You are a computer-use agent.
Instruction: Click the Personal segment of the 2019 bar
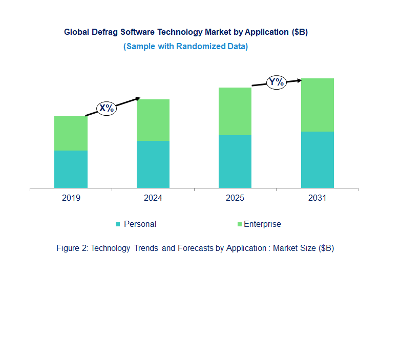pyautogui.click(x=71, y=169)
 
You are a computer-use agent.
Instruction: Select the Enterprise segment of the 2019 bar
pyautogui.click(x=71, y=133)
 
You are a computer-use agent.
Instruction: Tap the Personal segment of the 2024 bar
pyautogui.click(x=153, y=164)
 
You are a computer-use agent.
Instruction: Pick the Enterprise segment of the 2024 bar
pyautogui.click(x=153, y=120)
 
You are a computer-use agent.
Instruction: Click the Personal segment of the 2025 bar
pyautogui.click(x=235, y=161)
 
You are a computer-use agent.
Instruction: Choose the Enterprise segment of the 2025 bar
pyautogui.click(x=235, y=111)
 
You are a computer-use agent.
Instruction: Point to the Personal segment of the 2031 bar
pyautogui.click(x=317, y=160)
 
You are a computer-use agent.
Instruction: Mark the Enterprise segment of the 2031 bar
pyautogui.click(x=317, y=105)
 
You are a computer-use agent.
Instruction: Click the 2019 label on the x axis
pyautogui.click(x=71, y=198)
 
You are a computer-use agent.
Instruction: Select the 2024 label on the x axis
pyautogui.click(x=153, y=198)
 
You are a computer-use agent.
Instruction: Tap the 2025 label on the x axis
pyautogui.click(x=235, y=198)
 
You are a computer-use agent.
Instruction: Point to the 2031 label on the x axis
pyautogui.click(x=317, y=198)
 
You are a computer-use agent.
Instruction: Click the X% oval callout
pyautogui.click(x=107, y=109)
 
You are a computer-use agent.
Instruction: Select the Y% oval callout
pyautogui.click(x=276, y=82)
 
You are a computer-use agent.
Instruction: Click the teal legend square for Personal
pyautogui.click(x=118, y=224)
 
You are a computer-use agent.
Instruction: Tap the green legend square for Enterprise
pyautogui.click(x=239, y=224)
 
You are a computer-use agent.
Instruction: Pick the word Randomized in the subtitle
pyautogui.click(x=201, y=47)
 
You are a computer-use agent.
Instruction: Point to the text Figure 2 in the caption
pyautogui.click(x=72, y=248)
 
